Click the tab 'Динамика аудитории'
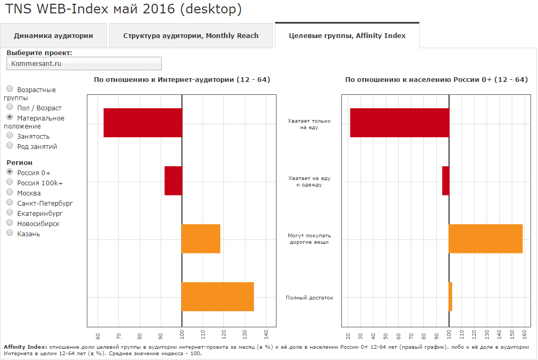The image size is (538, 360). coord(54,36)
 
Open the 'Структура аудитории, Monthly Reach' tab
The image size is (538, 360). coord(191,36)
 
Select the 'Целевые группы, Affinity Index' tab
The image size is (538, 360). coord(347,36)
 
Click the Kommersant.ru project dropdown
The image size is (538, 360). coord(84,64)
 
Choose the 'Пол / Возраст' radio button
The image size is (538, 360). coord(10,108)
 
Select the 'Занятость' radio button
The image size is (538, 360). coord(10,136)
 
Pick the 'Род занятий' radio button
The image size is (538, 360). coord(10,146)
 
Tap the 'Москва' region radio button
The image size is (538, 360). coord(10,192)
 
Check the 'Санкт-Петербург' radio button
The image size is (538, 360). coord(10,202)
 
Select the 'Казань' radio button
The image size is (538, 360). coord(10,233)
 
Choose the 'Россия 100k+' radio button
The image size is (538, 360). coord(10,182)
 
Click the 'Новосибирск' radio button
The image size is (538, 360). coord(10,223)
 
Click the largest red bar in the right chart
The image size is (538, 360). coord(399,123)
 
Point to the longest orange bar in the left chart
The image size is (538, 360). coord(218,296)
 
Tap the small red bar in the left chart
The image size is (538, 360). coord(173,181)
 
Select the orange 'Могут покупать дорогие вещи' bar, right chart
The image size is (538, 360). coord(485,238)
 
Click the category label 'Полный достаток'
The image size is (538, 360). coord(309,298)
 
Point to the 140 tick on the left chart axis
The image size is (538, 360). coord(266,335)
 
